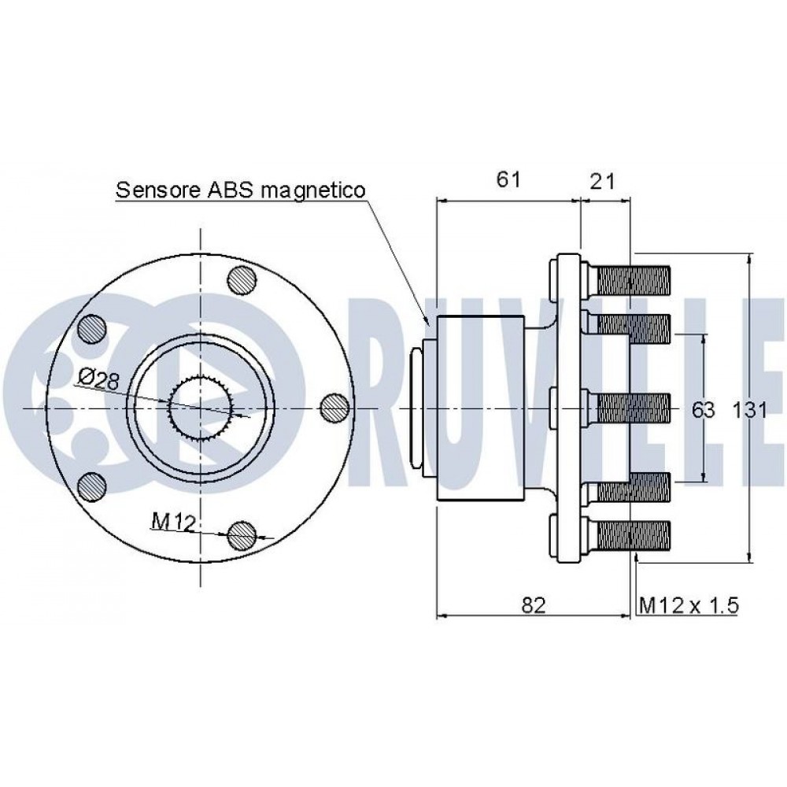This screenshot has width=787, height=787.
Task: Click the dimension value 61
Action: click(508, 180)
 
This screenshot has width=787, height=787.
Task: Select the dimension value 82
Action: click(534, 604)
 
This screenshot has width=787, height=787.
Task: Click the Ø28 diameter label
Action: click(98, 380)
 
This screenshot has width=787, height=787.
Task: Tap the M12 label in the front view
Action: click(173, 520)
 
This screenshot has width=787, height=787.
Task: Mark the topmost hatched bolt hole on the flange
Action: click(240, 279)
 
